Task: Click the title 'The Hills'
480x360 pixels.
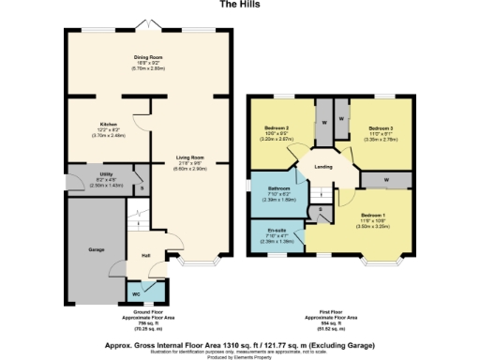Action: click(x=238, y=5)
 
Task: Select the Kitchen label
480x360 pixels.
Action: click(x=108, y=124)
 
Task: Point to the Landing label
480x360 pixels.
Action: click(x=322, y=167)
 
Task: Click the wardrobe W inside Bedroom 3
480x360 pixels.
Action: click(x=340, y=119)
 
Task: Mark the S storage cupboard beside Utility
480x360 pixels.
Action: click(x=140, y=187)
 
